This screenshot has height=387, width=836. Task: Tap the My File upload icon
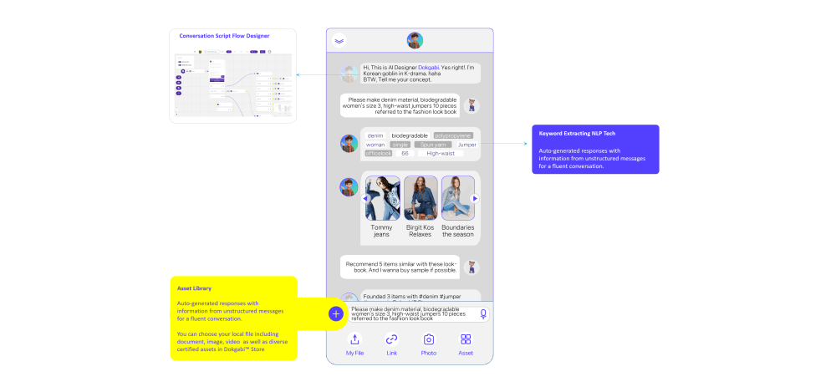pyautogui.click(x=354, y=339)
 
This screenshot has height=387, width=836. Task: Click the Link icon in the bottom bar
pyautogui.click(x=391, y=339)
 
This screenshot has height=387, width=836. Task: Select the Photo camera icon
pyautogui.click(x=429, y=339)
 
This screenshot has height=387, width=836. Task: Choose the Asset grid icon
pyautogui.click(x=466, y=339)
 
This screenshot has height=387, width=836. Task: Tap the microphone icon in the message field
pyautogui.click(x=482, y=314)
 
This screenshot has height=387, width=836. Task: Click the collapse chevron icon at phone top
pyautogui.click(x=339, y=40)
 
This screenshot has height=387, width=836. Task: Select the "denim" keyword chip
pyautogui.click(x=375, y=135)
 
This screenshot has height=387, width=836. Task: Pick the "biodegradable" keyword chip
pyautogui.click(x=410, y=135)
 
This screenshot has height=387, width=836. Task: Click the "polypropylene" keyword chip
pyautogui.click(x=453, y=135)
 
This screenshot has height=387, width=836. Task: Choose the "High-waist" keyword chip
pyautogui.click(x=441, y=153)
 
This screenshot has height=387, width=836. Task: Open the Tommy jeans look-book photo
pyautogui.click(x=382, y=198)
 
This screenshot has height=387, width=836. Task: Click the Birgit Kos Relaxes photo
pyautogui.click(x=421, y=198)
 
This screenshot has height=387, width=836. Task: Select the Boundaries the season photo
pyautogui.click(x=457, y=198)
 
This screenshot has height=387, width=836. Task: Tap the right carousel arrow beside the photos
pyautogui.click(x=475, y=198)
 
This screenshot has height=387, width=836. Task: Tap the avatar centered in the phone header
pyautogui.click(x=415, y=40)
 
